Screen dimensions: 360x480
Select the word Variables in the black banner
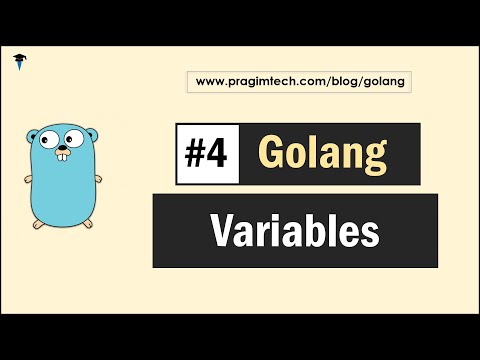pyautogui.click(x=295, y=231)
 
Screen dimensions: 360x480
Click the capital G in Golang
pyautogui.click(x=270, y=153)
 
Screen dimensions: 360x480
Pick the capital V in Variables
pyautogui.click(x=221, y=231)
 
